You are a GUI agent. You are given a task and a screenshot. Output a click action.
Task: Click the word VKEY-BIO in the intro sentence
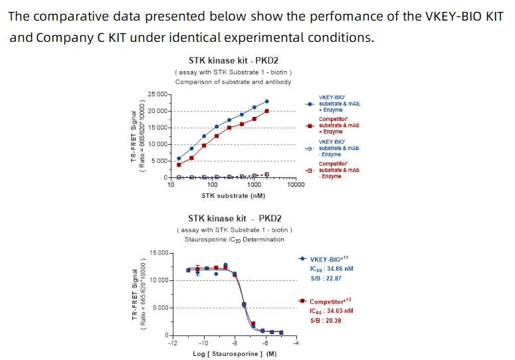[x=450, y=16]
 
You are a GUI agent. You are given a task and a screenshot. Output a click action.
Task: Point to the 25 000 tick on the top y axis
[x=157, y=94]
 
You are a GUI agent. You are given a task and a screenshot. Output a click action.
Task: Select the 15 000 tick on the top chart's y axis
[x=157, y=128]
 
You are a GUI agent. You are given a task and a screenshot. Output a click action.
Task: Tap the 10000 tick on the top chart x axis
[x=296, y=185]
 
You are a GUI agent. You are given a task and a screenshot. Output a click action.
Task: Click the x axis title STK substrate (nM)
[x=233, y=195]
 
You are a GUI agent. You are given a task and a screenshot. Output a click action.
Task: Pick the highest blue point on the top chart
[x=266, y=102]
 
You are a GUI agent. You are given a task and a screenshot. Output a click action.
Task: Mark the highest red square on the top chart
[x=266, y=111]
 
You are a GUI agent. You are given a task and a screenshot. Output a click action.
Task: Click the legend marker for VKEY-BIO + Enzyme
[x=309, y=104]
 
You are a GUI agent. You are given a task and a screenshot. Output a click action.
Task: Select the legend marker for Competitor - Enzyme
[x=309, y=171]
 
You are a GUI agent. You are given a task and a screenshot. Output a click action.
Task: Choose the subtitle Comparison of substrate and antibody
[x=233, y=82]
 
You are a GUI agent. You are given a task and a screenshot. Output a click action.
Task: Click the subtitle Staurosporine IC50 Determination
[x=234, y=239]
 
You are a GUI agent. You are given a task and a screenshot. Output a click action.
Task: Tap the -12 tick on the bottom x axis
[x=172, y=343]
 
